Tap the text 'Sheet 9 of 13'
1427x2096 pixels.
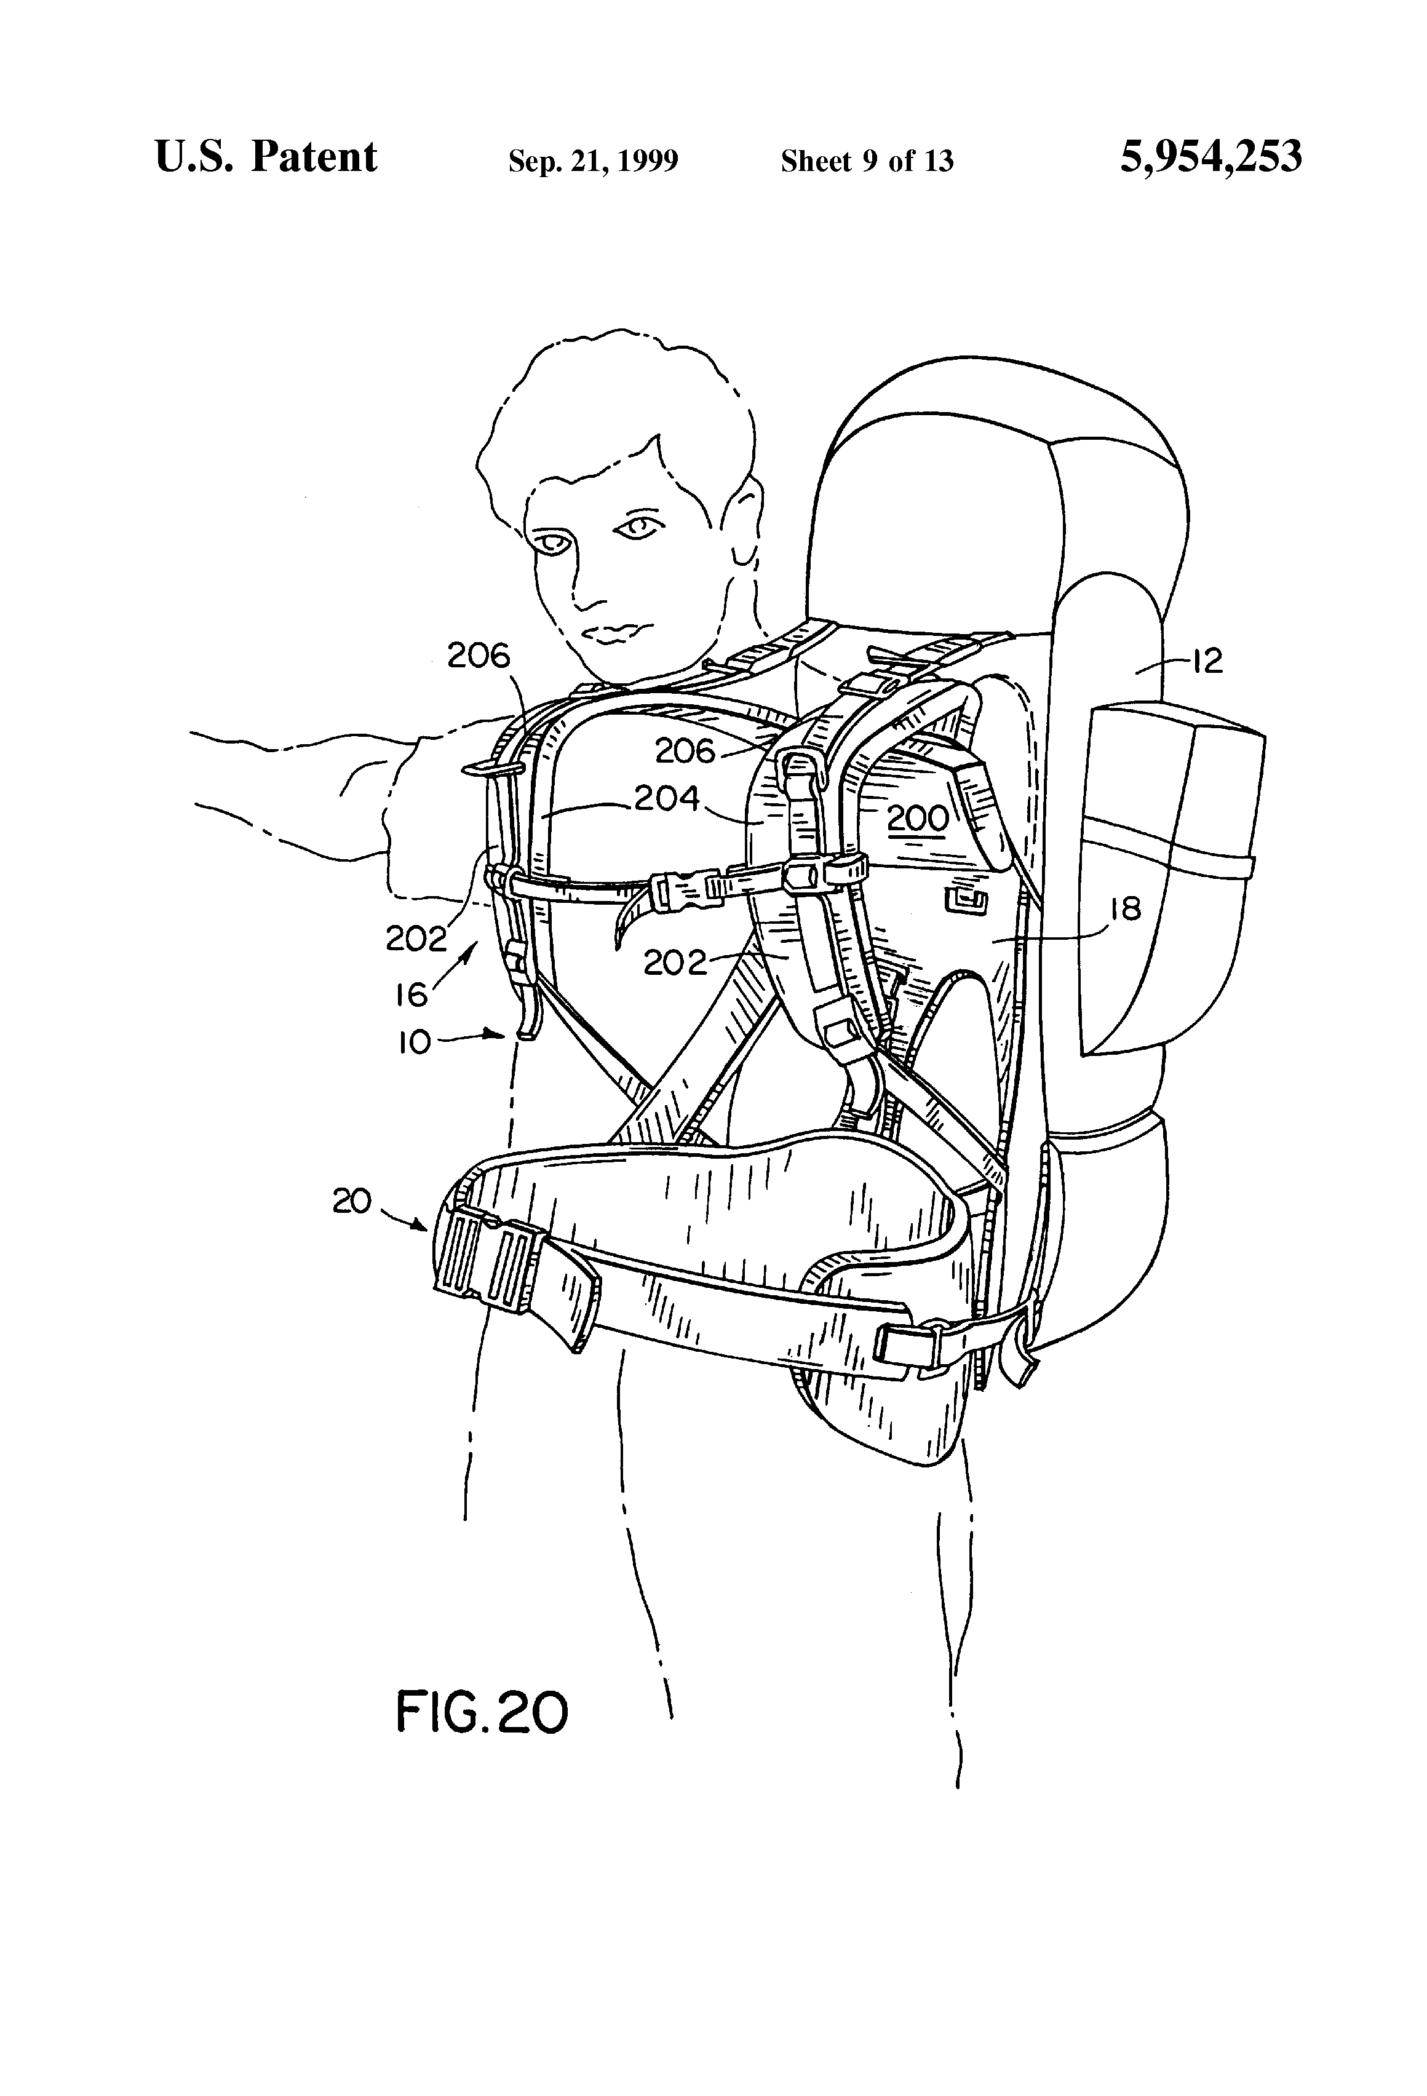coord(867,161)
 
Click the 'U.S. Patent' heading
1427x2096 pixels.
coord(266,157)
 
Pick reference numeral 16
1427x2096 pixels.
coord(411,994)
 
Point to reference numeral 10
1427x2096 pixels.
coord(414,1044)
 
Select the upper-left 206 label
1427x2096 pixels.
coord(479,656)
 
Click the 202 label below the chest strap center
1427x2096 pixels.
coord(675,963)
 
